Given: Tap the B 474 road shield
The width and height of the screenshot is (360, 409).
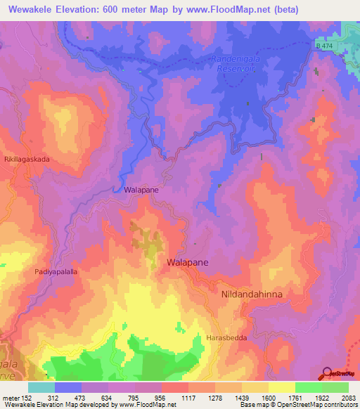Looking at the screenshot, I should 323,46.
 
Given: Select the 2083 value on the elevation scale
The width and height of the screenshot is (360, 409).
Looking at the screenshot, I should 348,397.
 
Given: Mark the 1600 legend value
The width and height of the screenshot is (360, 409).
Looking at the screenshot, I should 269,397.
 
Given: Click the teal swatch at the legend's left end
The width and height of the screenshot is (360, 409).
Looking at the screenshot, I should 41,387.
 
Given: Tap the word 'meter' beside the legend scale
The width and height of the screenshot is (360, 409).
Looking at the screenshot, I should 11,397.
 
